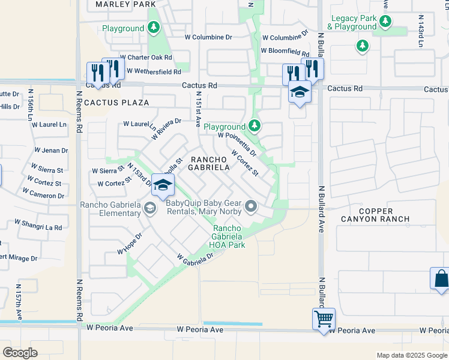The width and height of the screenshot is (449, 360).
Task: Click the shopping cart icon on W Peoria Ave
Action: tap(324, 318)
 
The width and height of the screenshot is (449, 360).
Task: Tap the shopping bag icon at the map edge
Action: tap(440, 279)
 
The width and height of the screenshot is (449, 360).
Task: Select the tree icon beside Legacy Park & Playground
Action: tap(385, 23)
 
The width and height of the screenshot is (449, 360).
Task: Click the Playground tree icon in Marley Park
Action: tap(154, 28)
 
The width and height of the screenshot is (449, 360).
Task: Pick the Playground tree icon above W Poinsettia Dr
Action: tap(255, 126)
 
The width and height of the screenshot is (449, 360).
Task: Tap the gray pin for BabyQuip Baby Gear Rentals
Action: tap(252, 207)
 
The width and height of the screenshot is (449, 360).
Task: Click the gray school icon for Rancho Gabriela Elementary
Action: tap(149, 208)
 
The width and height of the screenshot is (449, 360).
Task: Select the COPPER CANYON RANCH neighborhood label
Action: tap(376, 215)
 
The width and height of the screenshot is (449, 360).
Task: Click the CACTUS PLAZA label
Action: tap(116, 103)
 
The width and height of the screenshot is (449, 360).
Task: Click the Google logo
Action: tap(20, 352)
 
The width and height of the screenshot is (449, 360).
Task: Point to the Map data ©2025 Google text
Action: tap(412, 355)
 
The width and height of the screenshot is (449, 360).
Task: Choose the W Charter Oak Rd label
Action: tap(146, 58)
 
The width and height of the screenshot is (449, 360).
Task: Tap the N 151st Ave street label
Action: tap(197, 110)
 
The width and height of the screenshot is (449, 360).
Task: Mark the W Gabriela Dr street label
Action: tap(195, 258)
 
